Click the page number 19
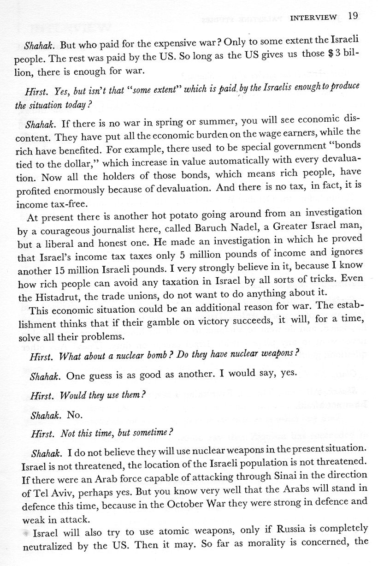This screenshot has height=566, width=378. point(353,17)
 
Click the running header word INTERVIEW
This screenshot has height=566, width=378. point(313,18)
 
